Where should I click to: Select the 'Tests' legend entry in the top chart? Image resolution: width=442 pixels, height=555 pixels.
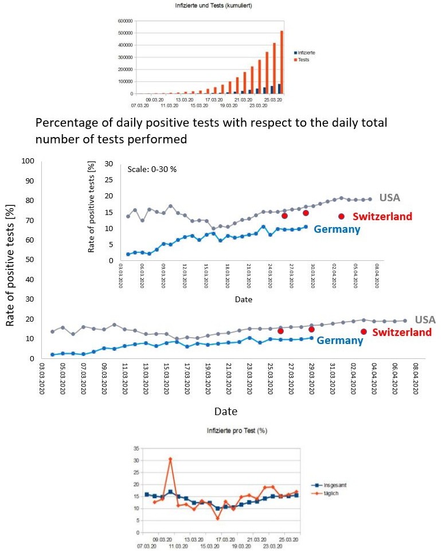coord(303,59)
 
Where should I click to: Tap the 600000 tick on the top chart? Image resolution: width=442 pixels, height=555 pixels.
coord(126,21)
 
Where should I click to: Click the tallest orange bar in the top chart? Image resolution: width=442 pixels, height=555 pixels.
coord(281,62)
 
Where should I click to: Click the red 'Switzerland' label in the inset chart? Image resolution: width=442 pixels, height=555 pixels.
coord(382,216)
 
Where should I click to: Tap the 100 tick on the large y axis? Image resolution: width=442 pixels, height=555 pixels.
coord(27,161)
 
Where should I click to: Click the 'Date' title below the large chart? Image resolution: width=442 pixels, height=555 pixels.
coord(225,412)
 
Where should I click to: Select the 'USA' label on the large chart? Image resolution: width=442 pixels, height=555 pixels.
coord(425,319)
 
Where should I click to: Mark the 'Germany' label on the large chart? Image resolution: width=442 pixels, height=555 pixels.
coord(340,341)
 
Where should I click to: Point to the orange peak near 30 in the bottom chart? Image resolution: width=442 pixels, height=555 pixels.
coord(170,459)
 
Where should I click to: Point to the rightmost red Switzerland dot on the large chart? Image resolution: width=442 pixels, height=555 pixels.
coord(363,331)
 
